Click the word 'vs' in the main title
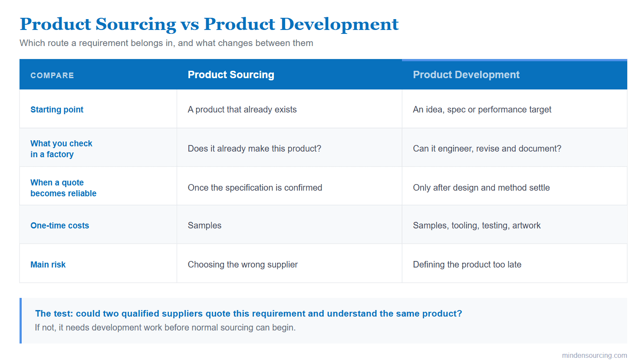[189, 25]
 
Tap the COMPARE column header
[52, 76]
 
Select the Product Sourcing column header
[231, 75]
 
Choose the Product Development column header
[466, 75]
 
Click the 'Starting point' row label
[57, 109]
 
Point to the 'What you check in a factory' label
[61, 149]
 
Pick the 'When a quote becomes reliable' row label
[63, 188]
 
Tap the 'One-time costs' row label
[59, 225]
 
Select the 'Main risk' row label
[48, 264]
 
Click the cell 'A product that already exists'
[242, 109]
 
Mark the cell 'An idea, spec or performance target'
[482, 109]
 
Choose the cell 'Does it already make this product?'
[254, 149]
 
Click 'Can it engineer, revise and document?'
[487, 149]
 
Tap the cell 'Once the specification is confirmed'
[255, 188]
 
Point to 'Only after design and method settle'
[481, 188]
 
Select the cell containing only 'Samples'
[204, 225]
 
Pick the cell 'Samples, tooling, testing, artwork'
[477, 225]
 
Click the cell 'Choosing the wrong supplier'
[243, 264]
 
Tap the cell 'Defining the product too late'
[467, 264]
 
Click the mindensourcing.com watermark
[594, 355]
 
